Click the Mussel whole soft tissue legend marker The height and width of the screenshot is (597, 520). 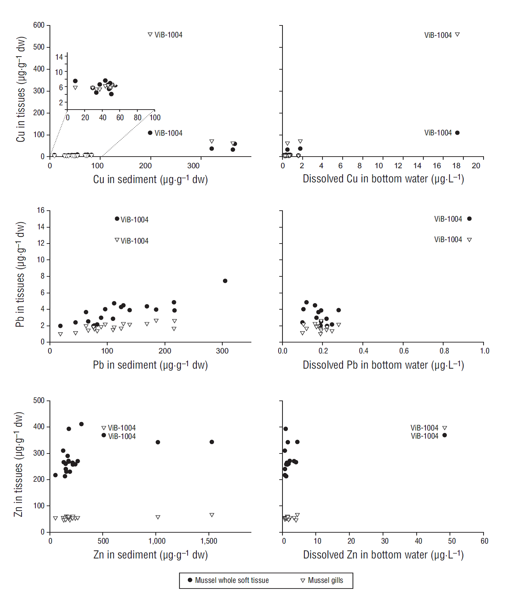tap(190, 580)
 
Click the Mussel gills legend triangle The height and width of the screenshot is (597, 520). tap(303, 580)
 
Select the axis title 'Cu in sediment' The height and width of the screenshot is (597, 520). tap(150, 180)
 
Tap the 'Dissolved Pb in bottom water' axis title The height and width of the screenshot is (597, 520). tap(383, 365)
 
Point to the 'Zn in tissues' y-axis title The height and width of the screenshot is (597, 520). tap(19, 464)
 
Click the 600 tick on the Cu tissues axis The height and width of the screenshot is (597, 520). tap(39, 25)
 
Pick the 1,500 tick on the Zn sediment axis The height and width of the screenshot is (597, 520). tap(209, 541)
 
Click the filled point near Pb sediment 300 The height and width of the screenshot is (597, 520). tap(225, 281)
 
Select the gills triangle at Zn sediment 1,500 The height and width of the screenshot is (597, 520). tap(212, 515)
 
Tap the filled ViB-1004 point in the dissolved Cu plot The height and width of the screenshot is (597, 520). tap(457, 133)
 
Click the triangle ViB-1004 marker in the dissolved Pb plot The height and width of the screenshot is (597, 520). tap(469, 240)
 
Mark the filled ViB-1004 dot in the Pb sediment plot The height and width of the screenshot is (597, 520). tap(117, 219)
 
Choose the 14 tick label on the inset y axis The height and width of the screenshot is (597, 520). tap(59, 57)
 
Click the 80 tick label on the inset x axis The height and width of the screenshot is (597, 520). tap(138, 118)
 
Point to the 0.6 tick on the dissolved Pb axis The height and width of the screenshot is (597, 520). tap(404, 351)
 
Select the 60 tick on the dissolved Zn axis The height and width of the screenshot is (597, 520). tap(484, 541)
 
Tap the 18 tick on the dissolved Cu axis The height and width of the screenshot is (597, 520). tap(456, 166)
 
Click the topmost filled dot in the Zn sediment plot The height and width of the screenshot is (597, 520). tap(81, 424)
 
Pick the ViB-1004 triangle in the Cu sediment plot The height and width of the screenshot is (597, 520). tap(150, 35)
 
